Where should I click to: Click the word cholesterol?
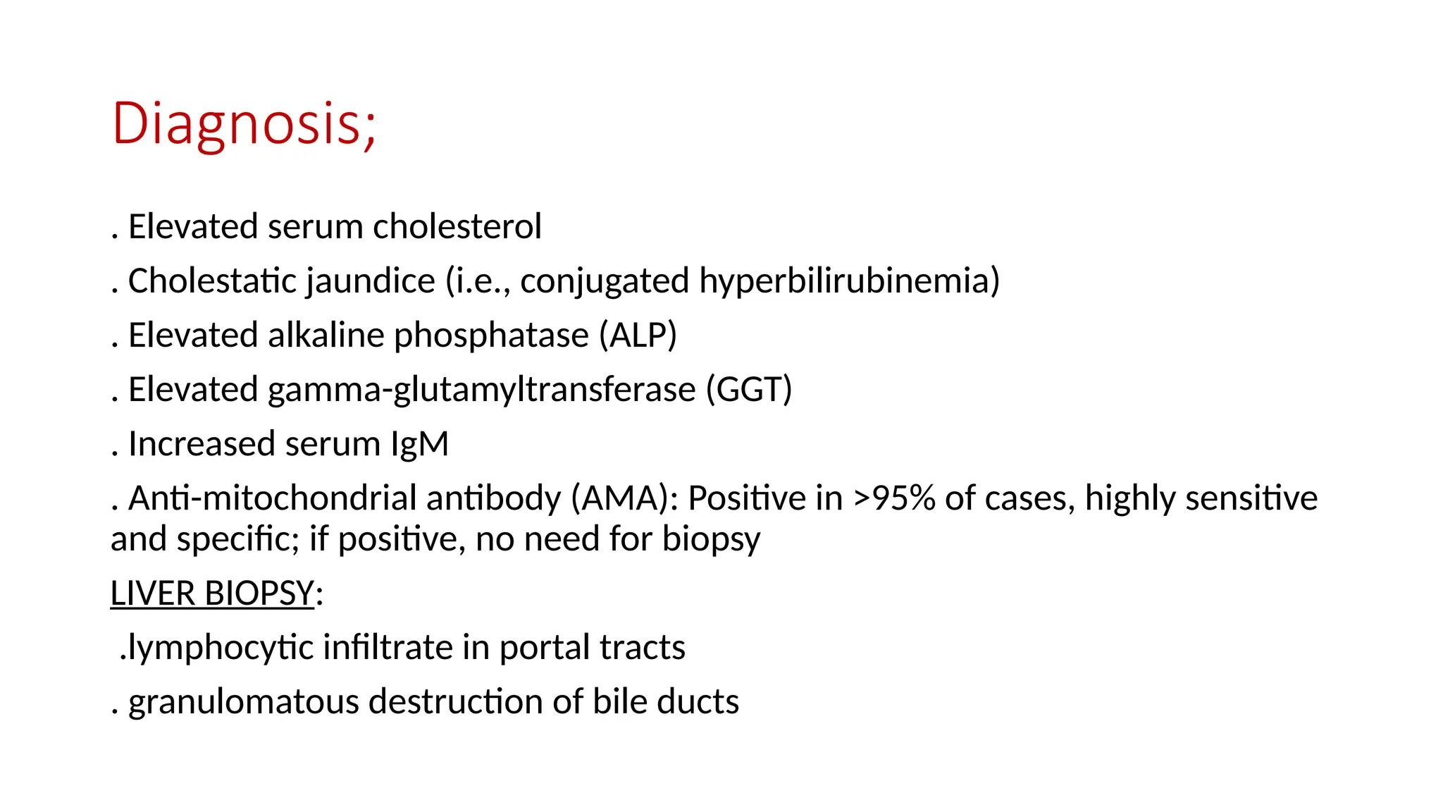(x=457, y=227)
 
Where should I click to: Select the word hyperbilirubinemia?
(x=845, y=281)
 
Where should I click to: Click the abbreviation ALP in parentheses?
(x=638, y=336)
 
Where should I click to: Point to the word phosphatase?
(x=491, y=336)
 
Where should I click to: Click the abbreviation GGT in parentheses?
(x=749, y=390)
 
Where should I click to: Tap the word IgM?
(x=419, y=444)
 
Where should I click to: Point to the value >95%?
(x=894, y=498)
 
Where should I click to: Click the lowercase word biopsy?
(x=711, y=539)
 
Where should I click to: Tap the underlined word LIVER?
(x=153, y=593)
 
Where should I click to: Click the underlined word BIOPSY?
(x=259, y=593)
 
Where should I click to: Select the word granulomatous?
(x=244, y=702)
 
